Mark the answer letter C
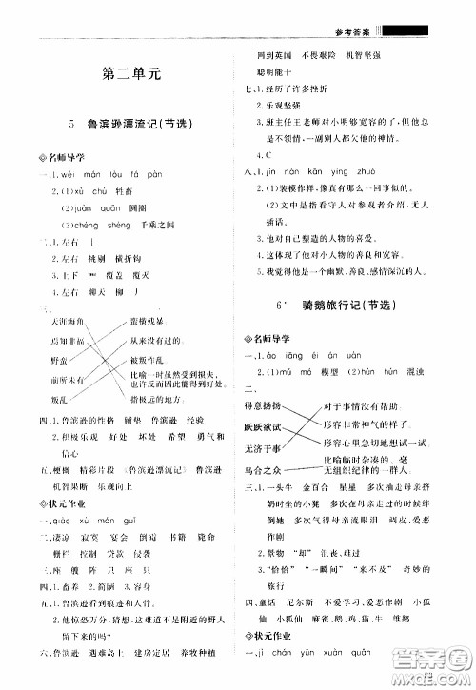pyautogui.click(x=269, y=154)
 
